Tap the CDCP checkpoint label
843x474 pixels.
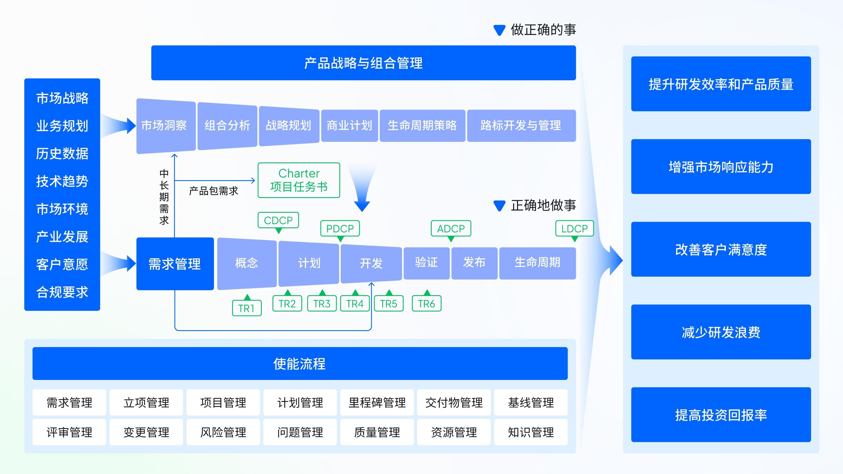[x=278, y=221]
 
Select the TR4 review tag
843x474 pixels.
[x=355, y=304]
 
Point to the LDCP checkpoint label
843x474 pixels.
[x=574, y=229]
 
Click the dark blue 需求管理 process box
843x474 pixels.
[x=175, y=264]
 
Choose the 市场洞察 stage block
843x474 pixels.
[x=164, y=126]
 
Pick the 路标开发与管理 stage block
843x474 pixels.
[x=521, y=126]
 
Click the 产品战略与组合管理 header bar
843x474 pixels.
[x=363, y=63]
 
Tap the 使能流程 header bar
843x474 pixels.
[x=300, y=363]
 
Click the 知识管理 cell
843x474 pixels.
[x=531, y=432]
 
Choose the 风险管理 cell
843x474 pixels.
[x=223, y=432]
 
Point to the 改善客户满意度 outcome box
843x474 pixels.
[x=721, y=249]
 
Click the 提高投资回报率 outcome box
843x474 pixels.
[x=721, y=415]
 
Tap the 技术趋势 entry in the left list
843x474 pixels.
[x=62, y=181]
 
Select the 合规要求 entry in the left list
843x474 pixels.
[x=62, y=292]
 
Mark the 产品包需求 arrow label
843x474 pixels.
[x=213, y=191]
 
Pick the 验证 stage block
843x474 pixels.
[x=426, y=263]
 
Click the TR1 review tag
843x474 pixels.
[x=246, y=308]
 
